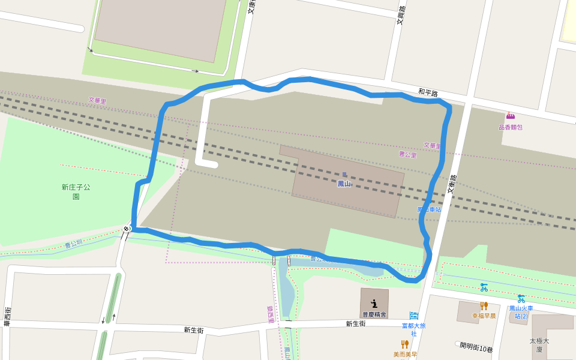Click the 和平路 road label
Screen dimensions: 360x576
428,92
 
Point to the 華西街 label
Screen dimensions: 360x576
7,316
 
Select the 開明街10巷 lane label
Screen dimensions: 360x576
476,347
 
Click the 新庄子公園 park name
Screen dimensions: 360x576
76,191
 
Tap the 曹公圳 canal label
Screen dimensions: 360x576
74,244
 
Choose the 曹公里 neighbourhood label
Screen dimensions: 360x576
407,154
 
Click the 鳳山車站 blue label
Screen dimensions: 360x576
429,209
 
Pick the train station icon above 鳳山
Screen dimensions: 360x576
344,175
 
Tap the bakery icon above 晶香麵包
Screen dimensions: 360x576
510,116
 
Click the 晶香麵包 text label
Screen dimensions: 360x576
510,127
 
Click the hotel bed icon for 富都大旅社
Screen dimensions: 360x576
413,315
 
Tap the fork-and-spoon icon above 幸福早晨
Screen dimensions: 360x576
484,306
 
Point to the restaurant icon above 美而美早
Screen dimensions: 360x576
404,344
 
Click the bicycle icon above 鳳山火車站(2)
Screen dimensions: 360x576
521,298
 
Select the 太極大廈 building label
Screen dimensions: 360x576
539,344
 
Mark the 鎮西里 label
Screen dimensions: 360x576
271,314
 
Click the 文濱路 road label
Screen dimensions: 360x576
401,15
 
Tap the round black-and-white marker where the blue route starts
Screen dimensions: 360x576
127,229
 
